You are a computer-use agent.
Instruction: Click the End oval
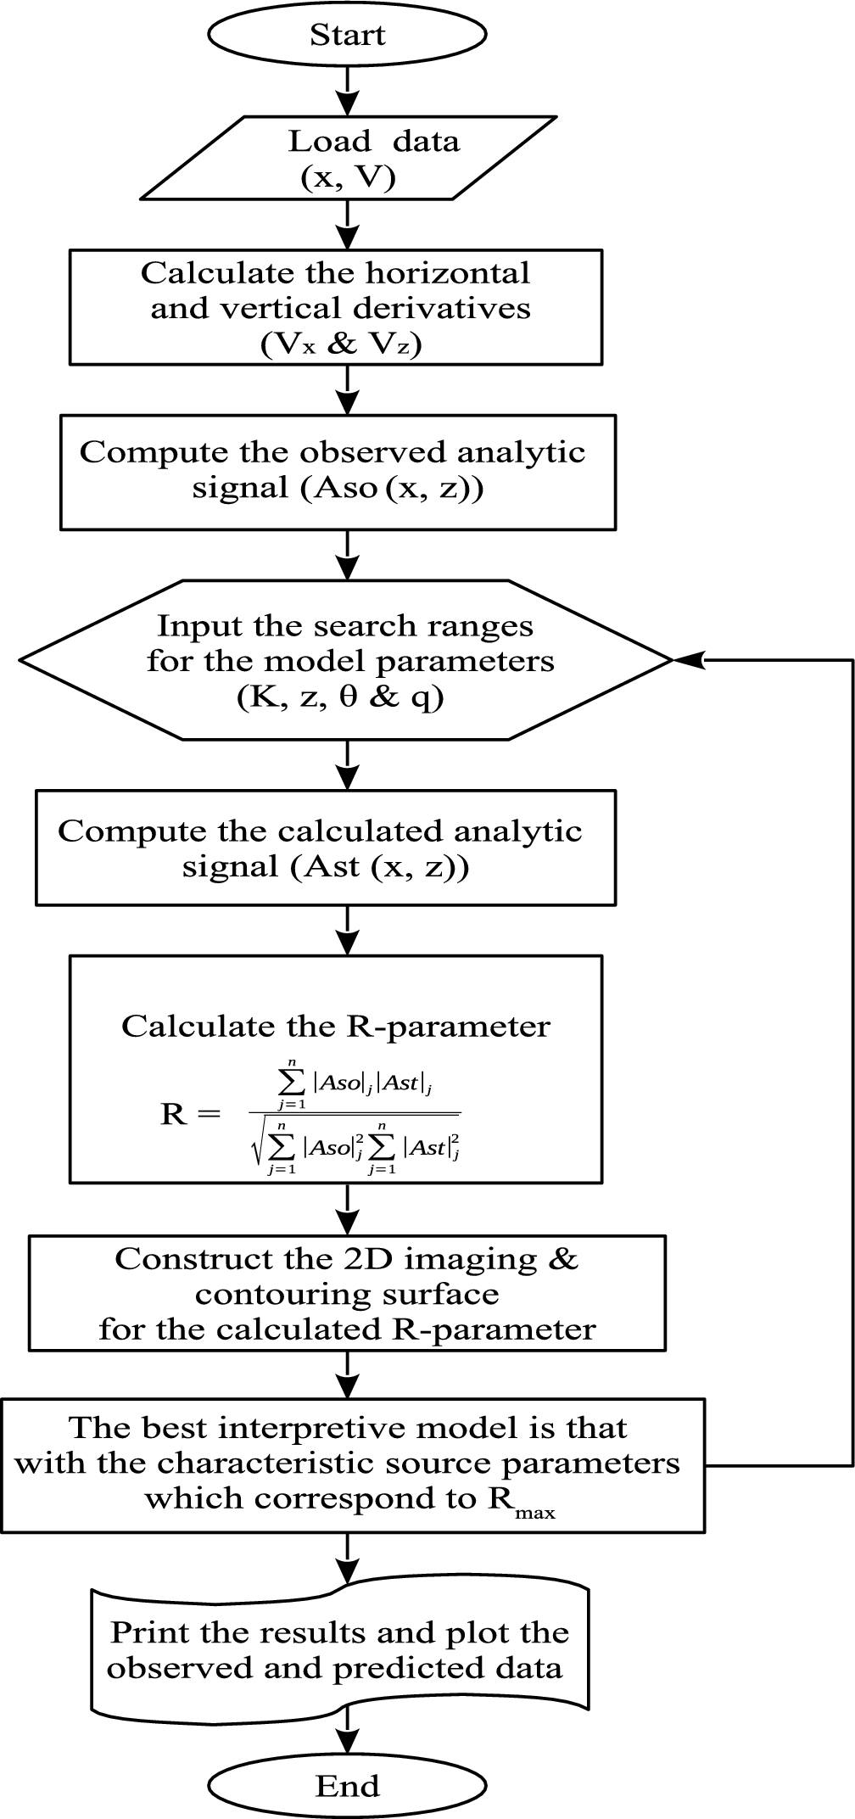[x=347, y=1786]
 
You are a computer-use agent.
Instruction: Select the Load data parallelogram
[x=347, y=159]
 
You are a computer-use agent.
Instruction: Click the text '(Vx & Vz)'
[x=343, y=344]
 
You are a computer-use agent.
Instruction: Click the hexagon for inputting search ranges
[x=347, y=660]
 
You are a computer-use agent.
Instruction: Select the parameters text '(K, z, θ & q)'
[x=341, y=697]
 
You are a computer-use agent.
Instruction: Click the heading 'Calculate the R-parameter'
[x=335, y=1026]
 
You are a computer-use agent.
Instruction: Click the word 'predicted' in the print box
[x=389, y=1668]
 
